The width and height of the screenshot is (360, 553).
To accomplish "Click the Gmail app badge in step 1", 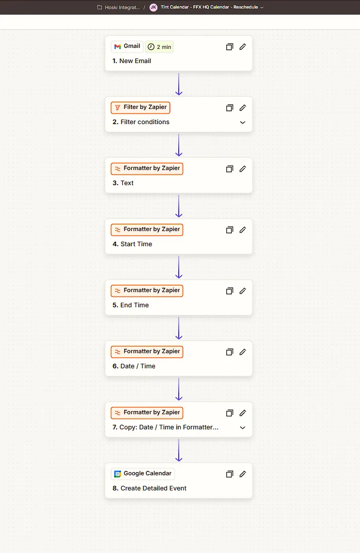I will point(127,46).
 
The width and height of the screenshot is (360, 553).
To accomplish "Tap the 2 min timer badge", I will point(160,47).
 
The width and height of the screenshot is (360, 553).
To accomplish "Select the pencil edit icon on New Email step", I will point(243,47).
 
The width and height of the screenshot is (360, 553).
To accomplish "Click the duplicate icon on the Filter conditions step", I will point(229,108).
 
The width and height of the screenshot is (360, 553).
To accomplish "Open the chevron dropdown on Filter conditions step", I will point(243,123).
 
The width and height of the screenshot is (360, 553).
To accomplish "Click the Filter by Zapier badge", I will point(140,107).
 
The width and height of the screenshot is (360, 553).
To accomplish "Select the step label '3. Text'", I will point(123,183).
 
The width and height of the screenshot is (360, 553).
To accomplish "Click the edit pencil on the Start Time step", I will point(243,230).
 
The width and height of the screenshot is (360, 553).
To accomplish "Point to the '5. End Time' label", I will point(131,305).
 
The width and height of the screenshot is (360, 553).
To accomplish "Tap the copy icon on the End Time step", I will point(229,291).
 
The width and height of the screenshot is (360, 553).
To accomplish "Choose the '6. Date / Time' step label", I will point(134,366).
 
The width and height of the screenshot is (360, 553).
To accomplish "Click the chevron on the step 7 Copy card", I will point(243,428).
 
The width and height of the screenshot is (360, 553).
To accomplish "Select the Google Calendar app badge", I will point(143,474).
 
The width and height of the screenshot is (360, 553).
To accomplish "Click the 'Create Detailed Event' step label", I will point(149,488).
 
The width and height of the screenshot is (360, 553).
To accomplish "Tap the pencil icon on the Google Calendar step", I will point(243,474).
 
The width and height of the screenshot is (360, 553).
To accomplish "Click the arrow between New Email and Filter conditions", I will point(179,84).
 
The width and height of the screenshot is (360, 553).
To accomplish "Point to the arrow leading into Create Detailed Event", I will point(179,450).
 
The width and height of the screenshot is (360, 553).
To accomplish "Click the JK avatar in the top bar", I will point(153,8).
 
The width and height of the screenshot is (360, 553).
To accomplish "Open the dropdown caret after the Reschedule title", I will point(262,8).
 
